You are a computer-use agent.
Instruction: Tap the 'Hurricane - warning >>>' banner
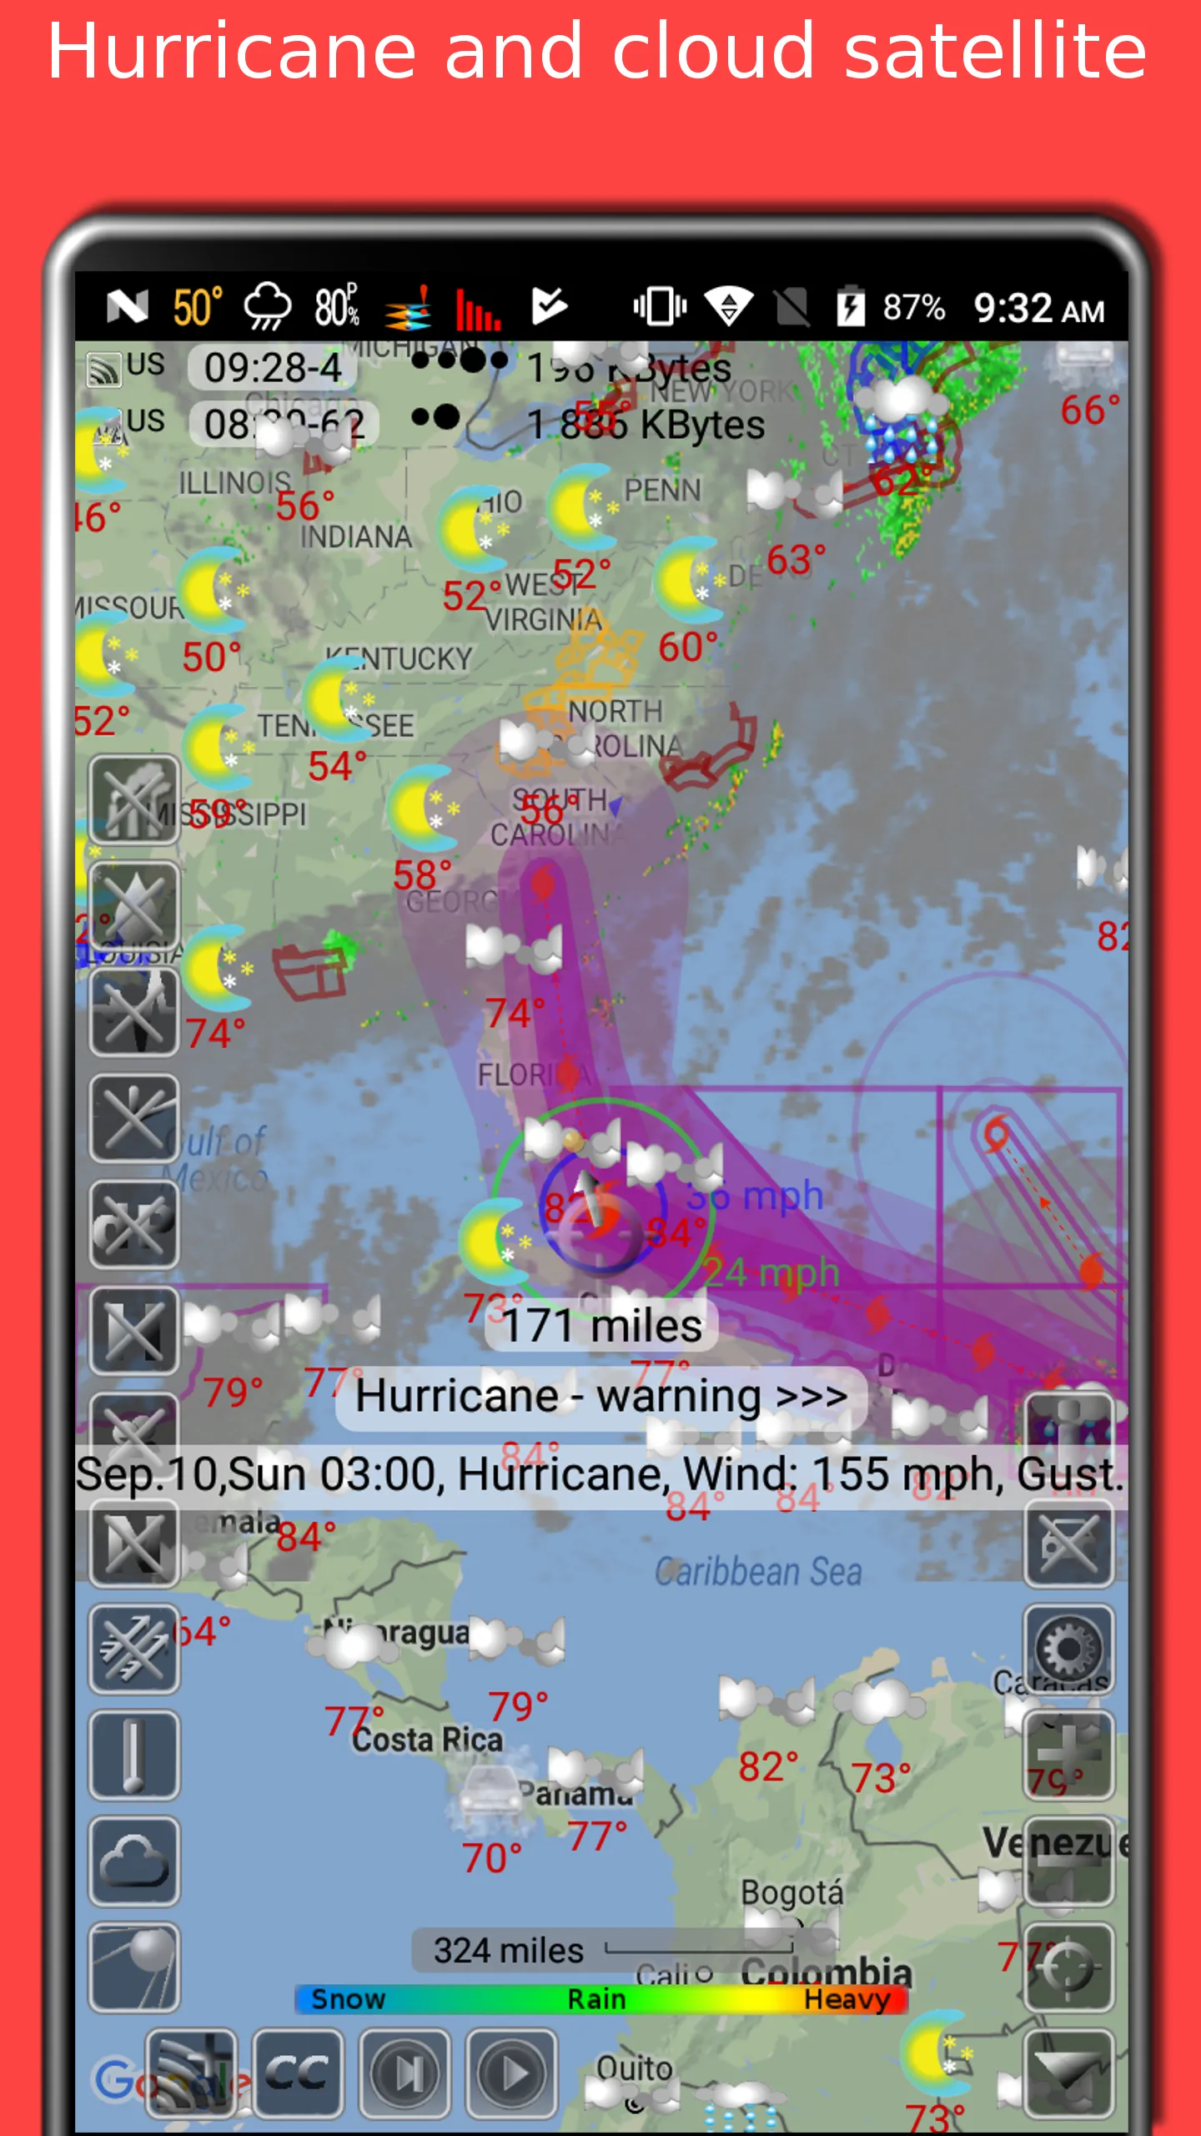tap(600, 1396)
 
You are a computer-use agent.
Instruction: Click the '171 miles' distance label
tap(602, 1326)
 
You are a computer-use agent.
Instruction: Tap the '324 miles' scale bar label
tap(508, 1950)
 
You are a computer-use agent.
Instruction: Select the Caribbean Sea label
tap(757, 1572)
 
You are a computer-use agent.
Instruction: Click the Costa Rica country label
tap(427, 1740)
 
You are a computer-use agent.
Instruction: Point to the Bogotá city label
tap(791, 1892)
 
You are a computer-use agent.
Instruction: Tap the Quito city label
tap(634, 2068)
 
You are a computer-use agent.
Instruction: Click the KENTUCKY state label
tap(399, 659)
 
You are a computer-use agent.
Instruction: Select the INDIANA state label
tap(356, 537)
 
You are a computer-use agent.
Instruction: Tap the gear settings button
tap(1068, 1649)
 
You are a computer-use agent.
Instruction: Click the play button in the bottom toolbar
tap(511, 2073)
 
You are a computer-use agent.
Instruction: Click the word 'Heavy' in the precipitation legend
tap(846, 1999)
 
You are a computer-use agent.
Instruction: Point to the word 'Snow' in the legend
tap(348, 1999)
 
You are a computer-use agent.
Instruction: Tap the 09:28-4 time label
tap(273, 367)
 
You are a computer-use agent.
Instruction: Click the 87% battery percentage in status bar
tap(913, 308)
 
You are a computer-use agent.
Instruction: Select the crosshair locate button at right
tap(1068, 1967)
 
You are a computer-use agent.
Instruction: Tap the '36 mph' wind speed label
tap(755, 1196)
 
